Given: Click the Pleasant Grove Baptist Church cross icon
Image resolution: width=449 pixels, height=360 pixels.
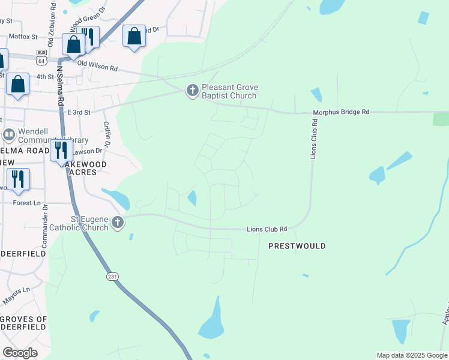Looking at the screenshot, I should click(x=192, y=91).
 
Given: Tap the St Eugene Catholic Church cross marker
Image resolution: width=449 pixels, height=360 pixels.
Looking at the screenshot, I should click(x=118, y=223).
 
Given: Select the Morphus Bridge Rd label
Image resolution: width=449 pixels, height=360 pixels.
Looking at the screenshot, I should click(x=341, y=112).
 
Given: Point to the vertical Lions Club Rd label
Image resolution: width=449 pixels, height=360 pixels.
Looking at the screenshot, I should click(x=314, y=139).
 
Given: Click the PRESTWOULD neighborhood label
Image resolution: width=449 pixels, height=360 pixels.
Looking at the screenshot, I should click(x=297, y=246).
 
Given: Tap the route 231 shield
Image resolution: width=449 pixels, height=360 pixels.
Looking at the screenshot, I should click(x=113, y=276).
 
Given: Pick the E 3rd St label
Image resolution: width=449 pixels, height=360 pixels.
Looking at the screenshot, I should click(x=78, y=112).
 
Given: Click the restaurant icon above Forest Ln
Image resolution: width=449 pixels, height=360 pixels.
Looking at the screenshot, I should click(x=17, y=178).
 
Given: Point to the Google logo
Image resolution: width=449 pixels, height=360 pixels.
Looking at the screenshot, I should click(x=20, y=352).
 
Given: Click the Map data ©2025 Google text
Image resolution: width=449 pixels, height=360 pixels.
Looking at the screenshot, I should click(x=412, y=355).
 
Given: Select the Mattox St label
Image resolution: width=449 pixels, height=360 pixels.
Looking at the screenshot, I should click(x=23, y=37).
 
